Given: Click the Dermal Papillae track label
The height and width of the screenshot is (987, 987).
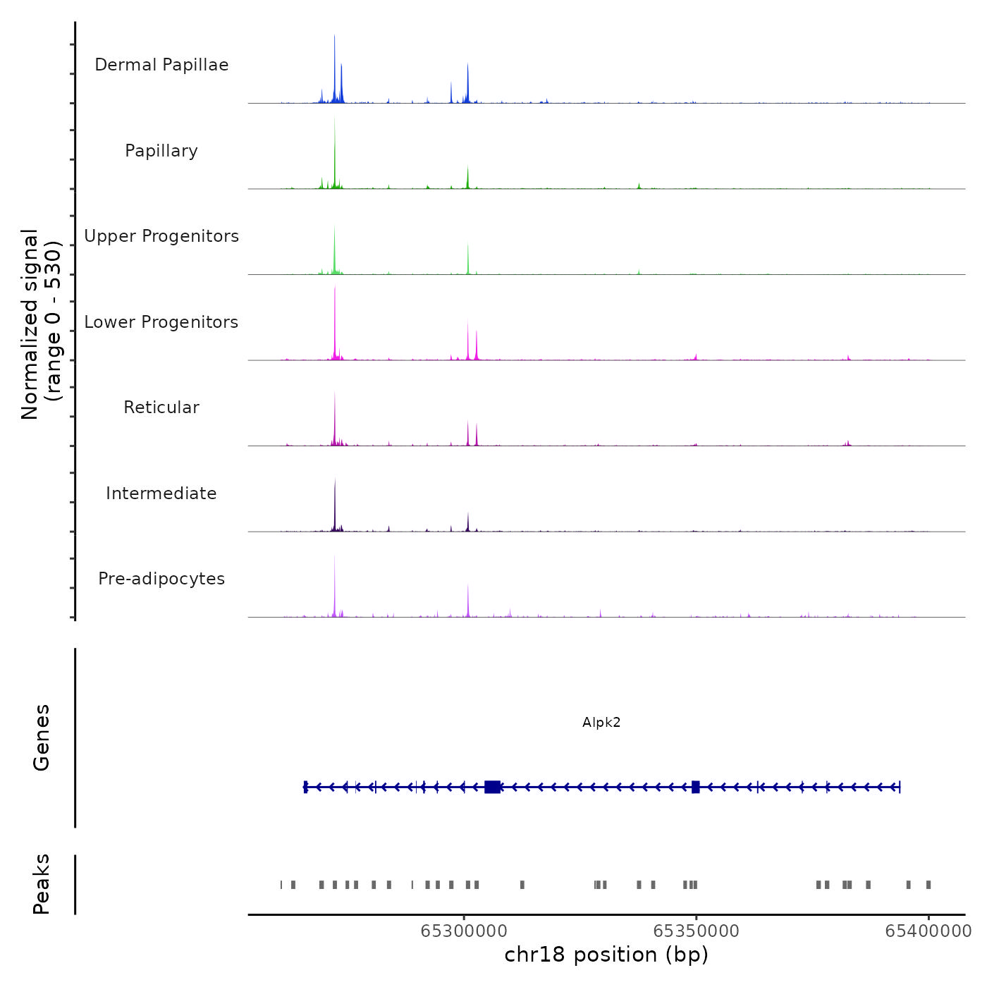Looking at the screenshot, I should (161, 65).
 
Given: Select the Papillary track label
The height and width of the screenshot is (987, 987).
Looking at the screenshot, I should (161, 151).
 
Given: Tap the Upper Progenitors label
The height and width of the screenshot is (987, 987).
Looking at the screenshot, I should (161, 236).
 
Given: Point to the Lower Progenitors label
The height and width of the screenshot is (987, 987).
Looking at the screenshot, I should (161, 322).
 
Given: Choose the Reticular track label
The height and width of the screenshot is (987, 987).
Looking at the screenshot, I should (161, 407).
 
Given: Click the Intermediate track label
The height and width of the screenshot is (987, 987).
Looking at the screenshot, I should (161, 493).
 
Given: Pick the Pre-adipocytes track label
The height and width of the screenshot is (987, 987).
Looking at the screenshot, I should (161, 579).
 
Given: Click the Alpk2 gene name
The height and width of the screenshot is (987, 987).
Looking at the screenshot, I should (601, 722).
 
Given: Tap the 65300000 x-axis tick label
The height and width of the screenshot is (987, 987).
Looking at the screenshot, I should (464, 931).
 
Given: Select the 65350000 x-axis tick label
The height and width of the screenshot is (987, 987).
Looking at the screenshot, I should (697, 931).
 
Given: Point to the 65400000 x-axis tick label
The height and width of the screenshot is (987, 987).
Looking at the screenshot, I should (928, 931).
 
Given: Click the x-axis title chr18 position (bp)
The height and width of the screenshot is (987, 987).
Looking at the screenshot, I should (606, 955).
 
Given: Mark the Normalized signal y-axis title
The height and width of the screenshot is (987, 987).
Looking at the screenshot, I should (41, 324).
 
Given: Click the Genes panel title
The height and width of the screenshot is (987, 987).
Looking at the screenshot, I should (42, 737).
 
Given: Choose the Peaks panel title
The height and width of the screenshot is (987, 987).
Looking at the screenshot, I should (42, 884).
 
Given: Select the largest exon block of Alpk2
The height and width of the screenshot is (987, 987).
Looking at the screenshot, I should (493, 787).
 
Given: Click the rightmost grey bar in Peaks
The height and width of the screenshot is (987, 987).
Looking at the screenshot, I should (928, 885).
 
